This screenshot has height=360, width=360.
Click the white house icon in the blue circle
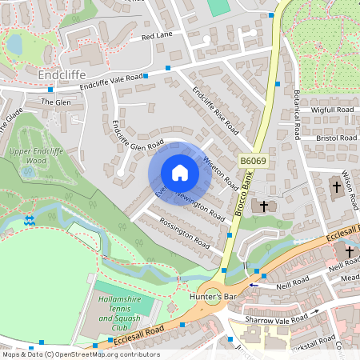click(179, 173)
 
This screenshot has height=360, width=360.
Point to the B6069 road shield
click(253, 161)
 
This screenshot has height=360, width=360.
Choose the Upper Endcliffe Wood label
click(34, 155)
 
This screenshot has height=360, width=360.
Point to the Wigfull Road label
click(332, 110)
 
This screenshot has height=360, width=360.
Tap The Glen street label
click(56, 102)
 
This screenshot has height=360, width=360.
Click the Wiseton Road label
click(220, 171)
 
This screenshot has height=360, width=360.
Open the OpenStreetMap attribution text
click(81, 354)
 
